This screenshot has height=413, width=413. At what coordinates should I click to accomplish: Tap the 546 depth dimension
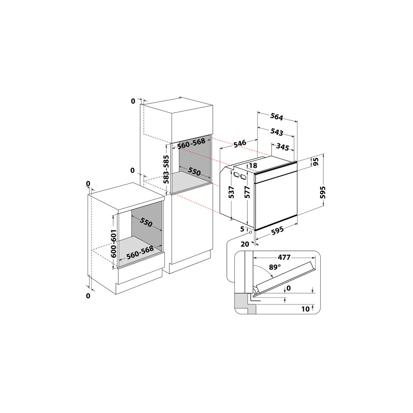click(x=240, y=144)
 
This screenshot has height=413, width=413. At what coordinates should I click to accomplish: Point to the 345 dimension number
click(x=283, y=147)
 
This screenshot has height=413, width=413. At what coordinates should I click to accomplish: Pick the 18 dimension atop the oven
click(x=253, y=165)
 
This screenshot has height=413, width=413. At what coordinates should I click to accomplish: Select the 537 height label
click(x=232, y=192)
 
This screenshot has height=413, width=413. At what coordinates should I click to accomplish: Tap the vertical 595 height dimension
click(x=322, y=192)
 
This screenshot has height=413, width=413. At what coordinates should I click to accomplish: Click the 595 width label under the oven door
click(x=277, y=231)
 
